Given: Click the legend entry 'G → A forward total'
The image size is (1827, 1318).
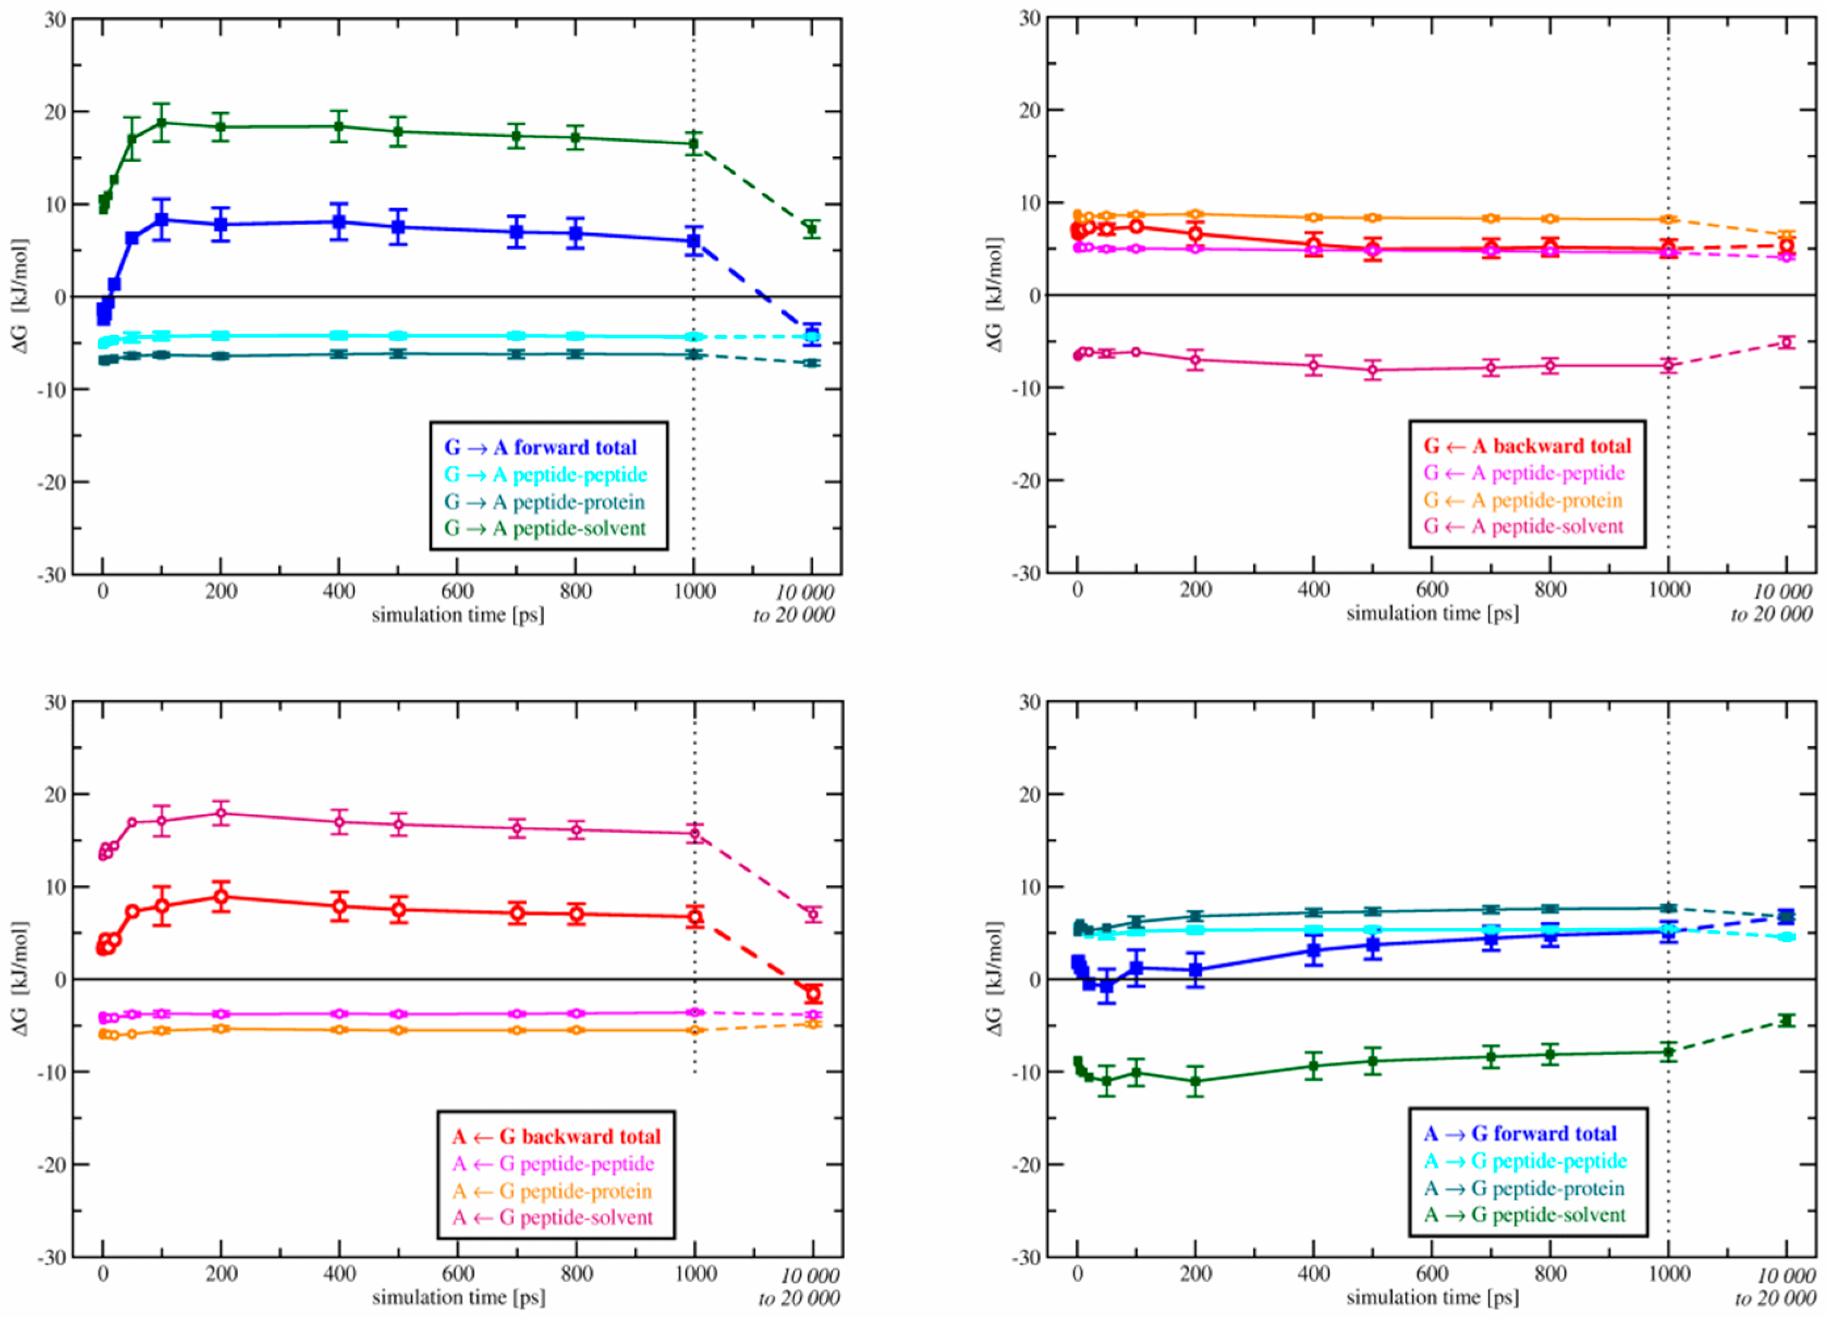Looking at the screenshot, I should (x=541, y=447).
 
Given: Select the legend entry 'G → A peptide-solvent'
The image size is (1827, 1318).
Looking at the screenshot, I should (x=546, y=529).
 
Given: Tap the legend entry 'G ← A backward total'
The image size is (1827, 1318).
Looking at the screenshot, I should (x=1526, y=446).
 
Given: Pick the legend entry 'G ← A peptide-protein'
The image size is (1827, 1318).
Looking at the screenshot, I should (x=1523, y=500).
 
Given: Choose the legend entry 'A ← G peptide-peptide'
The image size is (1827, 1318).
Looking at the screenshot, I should (x=553, y=1163).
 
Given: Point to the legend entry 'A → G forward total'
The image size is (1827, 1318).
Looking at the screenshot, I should (x=1520, y=1134).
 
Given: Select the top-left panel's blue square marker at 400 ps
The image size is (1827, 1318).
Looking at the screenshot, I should (x=339, y=222).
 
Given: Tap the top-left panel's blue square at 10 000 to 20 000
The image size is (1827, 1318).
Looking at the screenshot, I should (x=812, y=333).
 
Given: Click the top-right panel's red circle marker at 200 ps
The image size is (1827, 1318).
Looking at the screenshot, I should (x=1195, y=234).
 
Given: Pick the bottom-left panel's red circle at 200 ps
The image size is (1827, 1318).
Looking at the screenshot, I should (x=221, y=896).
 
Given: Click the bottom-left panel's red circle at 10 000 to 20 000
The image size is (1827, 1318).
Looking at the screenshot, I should (x=813, y=994).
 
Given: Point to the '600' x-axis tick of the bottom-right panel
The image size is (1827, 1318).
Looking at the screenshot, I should (x=1431, y=1274).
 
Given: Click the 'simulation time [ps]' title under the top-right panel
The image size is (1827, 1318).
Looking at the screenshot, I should (x=1431, y=614).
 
